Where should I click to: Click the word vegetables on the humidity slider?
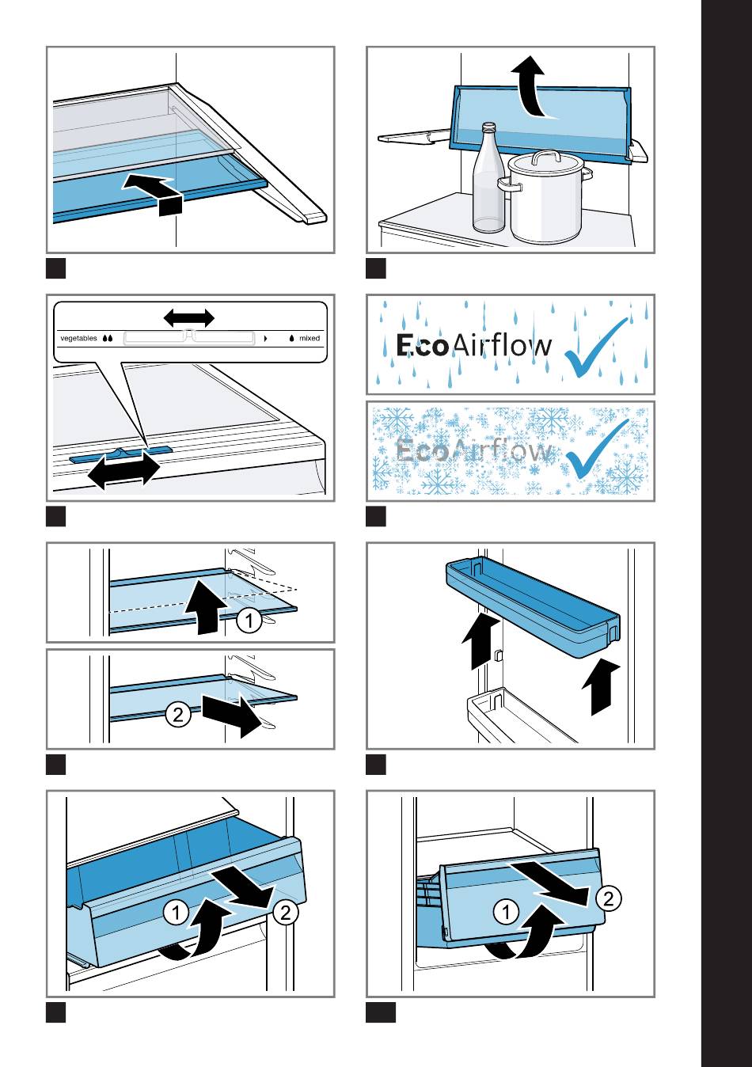tap(78, 338)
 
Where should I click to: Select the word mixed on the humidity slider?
tap(310, 338)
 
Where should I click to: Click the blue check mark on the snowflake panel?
tap(599, 449)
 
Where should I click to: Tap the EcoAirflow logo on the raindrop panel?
tap(473, 346)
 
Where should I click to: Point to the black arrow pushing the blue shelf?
tap(154, 192)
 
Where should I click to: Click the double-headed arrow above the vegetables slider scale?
tap(188, 318)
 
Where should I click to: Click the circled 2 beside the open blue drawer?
tap(286, 913)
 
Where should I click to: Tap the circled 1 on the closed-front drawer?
tap(506, 912)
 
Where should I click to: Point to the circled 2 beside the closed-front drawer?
tap(609, 898)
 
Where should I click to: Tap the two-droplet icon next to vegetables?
tap(108, 338)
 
